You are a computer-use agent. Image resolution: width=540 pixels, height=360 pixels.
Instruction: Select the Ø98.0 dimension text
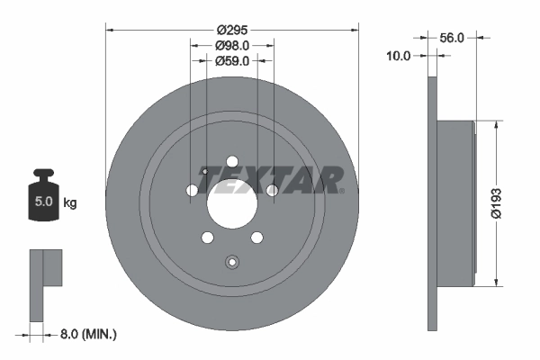[x=232, y=46]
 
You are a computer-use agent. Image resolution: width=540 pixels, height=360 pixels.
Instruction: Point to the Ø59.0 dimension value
[x=232, y=61]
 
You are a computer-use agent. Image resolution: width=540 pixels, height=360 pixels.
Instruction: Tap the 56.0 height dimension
[x=452, y=38]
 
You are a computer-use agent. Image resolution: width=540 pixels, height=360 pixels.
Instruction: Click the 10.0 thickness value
[x=398, y=56]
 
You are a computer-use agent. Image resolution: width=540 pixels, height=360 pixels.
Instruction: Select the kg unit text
[x=70, y=203]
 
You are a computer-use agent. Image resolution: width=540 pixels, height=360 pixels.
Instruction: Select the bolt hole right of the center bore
[x=272, y=190]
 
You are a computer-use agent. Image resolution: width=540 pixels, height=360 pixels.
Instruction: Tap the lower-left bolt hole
[x=208, y=238]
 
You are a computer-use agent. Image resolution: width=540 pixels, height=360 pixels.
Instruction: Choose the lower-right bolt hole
[x=256, y=238]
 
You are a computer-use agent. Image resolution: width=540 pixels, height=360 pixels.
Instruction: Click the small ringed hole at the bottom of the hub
[x=232, y=263]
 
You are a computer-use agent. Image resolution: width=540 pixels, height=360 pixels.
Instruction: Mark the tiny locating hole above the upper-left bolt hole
[x=205, y=172]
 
